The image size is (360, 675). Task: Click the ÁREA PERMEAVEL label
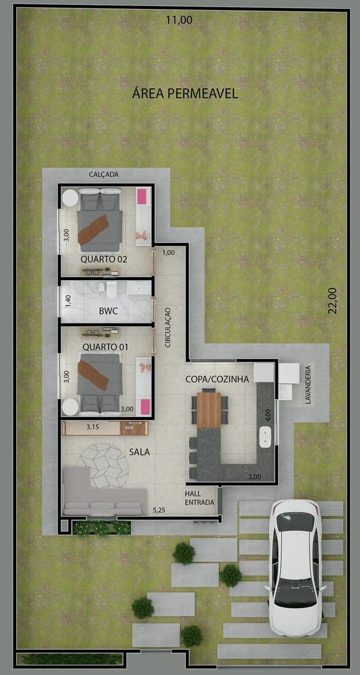pos(185,94)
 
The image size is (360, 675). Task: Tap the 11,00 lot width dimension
pos(179,20)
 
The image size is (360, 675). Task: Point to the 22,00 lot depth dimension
pos(332,301)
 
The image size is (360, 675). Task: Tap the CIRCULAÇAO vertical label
pos(168,327)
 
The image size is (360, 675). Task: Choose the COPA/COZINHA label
pos(217,379)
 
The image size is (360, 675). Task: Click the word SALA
pos(140,452)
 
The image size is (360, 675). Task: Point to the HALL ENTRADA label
pos(199,498)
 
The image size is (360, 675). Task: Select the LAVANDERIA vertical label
pos(307,385)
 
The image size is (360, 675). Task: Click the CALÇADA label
pos(104,175)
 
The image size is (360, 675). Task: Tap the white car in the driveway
pos(295,568)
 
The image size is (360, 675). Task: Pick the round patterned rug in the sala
pos(103,466)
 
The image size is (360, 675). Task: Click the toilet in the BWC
pos(111,290)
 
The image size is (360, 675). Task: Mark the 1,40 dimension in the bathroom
pos(68,300)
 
